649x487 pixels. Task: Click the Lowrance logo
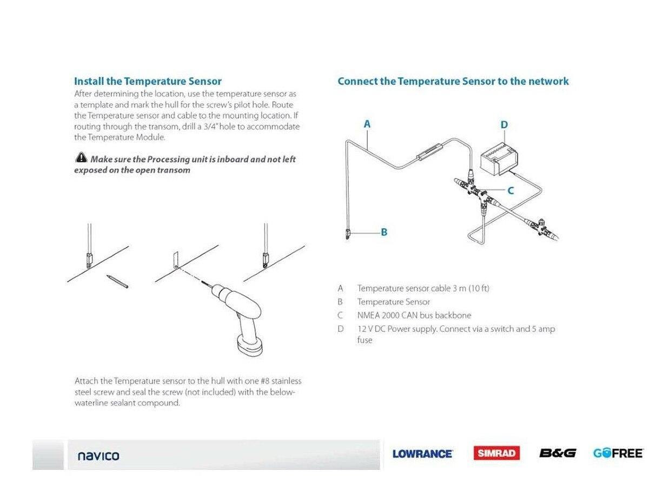[422, 453]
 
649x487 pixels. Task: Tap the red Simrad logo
[496, 453]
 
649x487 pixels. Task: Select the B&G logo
[557, 453]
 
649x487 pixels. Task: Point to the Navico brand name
[98, 456]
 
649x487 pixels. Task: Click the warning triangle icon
[81, 158]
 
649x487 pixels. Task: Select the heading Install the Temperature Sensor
[148, 81]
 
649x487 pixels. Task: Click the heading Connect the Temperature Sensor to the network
[453, 81]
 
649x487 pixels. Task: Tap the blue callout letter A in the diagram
[367, 124]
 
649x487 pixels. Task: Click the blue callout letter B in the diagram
[384, 232]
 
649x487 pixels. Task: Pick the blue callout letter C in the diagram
[510, 190]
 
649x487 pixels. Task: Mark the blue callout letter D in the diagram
[504, 125]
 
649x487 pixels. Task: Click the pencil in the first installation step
[117, 281]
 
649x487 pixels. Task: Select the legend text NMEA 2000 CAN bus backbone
[414, 315]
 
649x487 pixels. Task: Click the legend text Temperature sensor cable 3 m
[423, 288]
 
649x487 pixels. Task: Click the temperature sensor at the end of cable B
[348, 234]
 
